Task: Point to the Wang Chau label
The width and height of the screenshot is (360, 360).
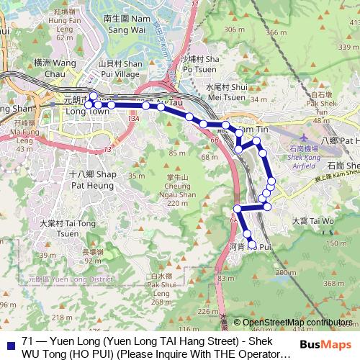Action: click(53, 68)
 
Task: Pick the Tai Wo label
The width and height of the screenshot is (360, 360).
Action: click(313, 220)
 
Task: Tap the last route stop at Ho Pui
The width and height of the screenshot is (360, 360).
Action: click(252, 246)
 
